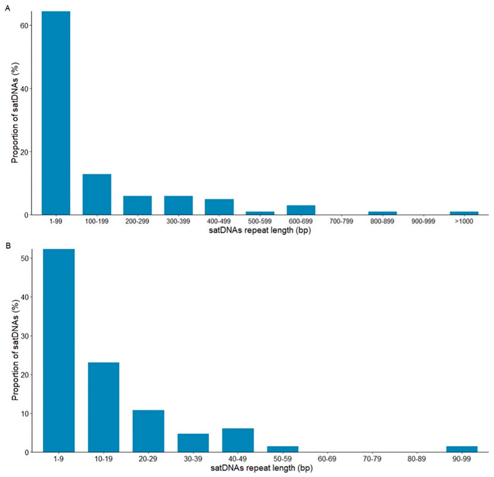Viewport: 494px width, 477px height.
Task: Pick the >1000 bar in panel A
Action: pyautogui.click(x=464, y=213)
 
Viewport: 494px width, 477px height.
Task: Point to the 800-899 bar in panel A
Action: pyautogui.click(x=382, y=213)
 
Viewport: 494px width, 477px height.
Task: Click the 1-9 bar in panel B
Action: pyautogui.click(x=59, y=350)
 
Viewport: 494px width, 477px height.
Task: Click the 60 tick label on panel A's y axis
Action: pyautogui.click(x=25, y=25)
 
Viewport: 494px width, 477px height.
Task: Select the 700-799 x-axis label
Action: pyautogui.click(x=341, y=221)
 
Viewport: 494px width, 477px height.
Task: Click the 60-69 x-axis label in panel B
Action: pyautogui.click(x=327, y=458)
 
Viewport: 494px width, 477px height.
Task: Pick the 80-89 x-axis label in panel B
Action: pyautogui.click(x=417, y=458)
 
